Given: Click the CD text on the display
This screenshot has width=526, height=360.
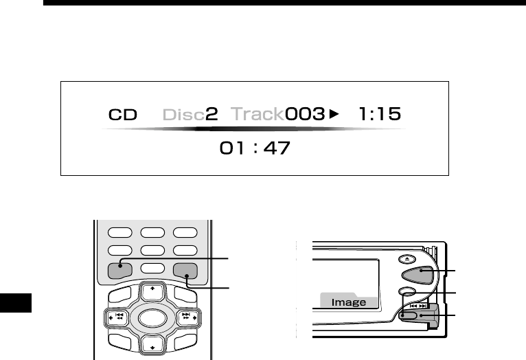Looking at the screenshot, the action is [x=123, y=115].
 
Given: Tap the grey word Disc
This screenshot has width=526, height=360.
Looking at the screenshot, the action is [x=183, y=115].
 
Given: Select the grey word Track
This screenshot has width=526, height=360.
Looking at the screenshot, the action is [x=258, y=114].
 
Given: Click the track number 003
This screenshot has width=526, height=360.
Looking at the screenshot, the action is [x=305, y=114].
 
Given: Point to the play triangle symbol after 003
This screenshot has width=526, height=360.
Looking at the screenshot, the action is [x=334, y=114].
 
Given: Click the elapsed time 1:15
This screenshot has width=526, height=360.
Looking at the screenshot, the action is [x=380, y=114].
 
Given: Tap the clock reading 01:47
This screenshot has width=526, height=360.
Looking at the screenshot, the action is [x=255, y=148].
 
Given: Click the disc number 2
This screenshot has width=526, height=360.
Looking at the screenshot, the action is [x=211, y=114].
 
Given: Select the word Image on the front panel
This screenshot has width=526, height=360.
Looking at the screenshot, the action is [x=349, y=302].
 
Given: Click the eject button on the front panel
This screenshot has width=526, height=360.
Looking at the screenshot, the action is [x=407, y=259].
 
